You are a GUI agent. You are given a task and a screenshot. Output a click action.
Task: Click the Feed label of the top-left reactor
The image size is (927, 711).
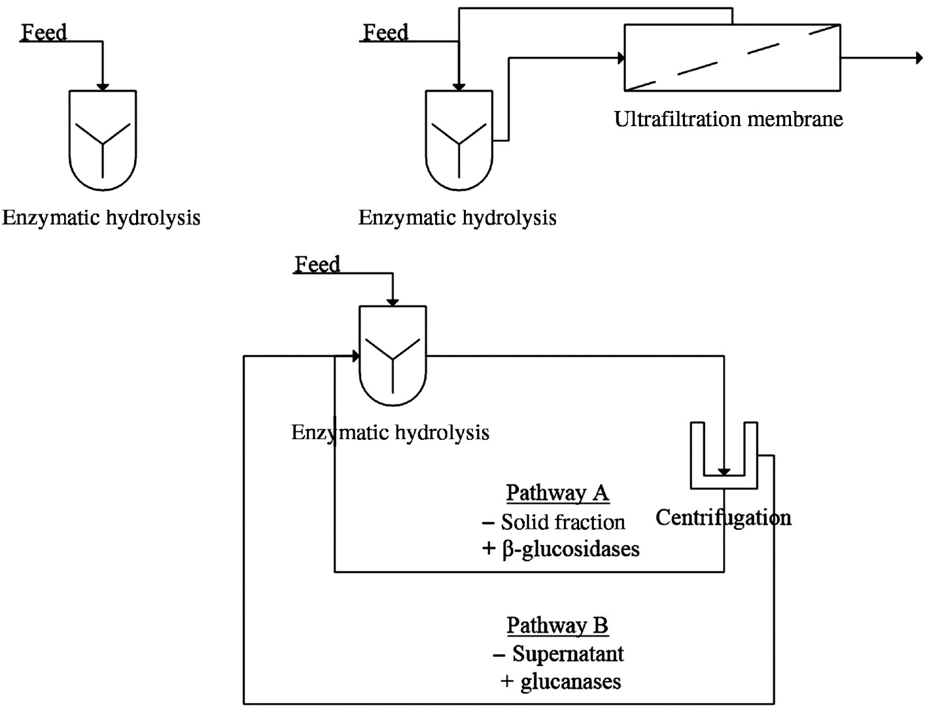44,32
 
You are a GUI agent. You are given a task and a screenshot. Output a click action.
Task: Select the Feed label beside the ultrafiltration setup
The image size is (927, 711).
385,32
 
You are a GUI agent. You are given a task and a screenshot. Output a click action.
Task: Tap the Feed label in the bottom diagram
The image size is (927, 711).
317,264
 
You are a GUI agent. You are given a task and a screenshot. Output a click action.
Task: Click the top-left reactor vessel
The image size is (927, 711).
103,141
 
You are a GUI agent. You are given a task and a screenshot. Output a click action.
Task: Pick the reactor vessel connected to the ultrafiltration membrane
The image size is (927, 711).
459,141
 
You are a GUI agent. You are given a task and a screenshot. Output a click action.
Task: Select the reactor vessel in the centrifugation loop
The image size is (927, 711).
393,355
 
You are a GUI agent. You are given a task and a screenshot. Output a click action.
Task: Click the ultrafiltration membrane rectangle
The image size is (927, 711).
732,58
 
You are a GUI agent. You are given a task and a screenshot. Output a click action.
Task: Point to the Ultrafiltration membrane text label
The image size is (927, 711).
728,119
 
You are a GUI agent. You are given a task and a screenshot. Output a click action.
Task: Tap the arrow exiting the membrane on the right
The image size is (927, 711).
917,58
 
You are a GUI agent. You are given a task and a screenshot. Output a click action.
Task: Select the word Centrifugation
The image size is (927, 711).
723,518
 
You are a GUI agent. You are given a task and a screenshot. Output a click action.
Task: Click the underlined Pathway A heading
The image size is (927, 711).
557,492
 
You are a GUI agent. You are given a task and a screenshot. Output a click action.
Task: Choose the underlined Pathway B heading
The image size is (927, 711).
557,625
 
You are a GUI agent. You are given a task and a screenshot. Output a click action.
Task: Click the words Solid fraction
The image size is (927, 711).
563,522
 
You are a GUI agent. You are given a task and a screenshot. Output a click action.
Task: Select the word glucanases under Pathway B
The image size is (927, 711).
570,682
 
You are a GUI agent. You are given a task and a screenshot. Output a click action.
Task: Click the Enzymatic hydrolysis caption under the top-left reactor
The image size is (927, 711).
101,218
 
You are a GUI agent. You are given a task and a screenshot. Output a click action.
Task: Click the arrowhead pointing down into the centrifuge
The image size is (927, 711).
724,471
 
